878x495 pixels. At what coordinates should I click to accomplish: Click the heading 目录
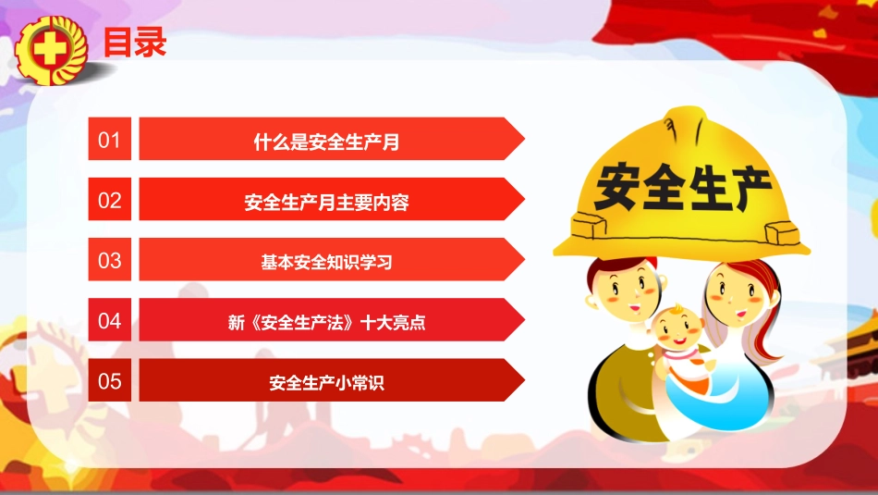point(135,42)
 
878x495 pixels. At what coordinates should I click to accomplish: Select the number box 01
point(110,140)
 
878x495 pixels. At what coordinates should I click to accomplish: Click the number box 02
point(110,200)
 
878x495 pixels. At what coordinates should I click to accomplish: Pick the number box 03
point(110,260)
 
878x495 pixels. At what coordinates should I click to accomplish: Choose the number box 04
point(110,321)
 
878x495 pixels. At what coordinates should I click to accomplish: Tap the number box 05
point(110,380)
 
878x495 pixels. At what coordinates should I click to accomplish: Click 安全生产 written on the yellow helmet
point(682,187)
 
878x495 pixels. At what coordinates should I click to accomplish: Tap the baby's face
point(677,329)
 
